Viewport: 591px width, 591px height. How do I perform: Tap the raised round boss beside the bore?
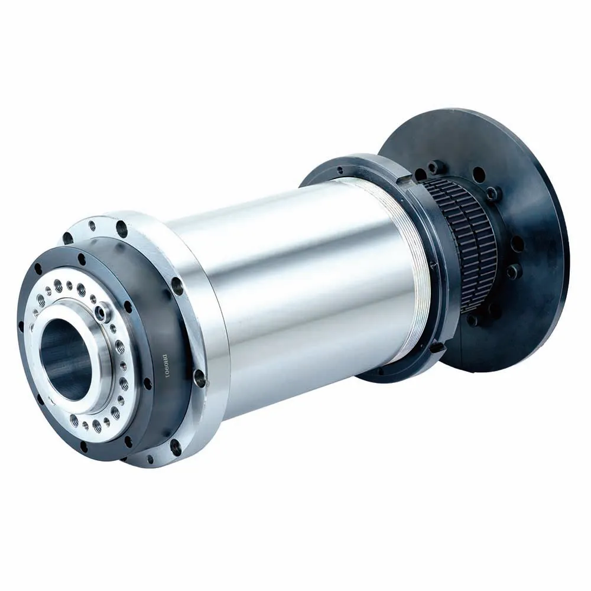[x=105, y=308]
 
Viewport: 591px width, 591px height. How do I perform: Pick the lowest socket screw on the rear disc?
[x=472, y=320]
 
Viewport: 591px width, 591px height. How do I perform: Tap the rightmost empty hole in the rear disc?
[x=518, y=243]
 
